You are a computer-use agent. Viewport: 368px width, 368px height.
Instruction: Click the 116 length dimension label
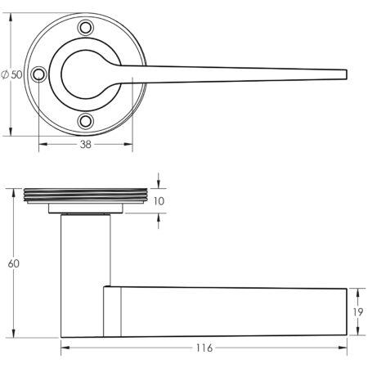[x=204, y=348]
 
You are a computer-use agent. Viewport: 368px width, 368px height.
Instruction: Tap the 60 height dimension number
[x=14, y=263]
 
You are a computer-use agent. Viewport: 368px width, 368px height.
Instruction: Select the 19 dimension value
[x=357, y=312]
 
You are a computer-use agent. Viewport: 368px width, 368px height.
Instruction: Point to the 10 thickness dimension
[x=159, y=201]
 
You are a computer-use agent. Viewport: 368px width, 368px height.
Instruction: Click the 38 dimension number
[x=86, y=145]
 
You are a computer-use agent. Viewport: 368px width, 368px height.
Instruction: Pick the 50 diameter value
[x=16, y=74]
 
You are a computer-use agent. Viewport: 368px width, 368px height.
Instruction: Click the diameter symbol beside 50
[x=5, y=74]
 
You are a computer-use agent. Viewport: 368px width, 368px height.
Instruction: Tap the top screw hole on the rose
[x=86, y=28]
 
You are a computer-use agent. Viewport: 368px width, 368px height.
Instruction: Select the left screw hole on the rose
[x=38, y=74]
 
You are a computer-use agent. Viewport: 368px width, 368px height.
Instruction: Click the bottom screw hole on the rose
[x=86, y=121]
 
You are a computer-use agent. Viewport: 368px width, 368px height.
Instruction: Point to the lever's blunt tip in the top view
[x=347, y=74]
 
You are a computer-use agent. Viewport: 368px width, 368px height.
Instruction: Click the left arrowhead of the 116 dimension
[x=65, y=348]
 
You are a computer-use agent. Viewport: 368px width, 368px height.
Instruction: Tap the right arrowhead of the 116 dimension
[x=343, y=348]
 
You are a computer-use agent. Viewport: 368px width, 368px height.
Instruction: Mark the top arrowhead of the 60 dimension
[x=13, y=193]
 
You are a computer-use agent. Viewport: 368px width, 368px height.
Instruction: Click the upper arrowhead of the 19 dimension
[x=357, y=293]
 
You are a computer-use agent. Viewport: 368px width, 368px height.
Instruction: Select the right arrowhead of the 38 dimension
[x=128, y=144]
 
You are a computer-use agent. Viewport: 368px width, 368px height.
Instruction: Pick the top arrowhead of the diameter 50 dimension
[x=11, y=17]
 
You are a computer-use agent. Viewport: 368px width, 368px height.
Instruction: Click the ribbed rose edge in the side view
[x=86, y=195]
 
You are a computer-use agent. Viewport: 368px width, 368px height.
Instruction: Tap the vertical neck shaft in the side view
[x=86, y=276]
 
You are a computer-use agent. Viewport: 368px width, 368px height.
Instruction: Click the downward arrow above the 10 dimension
[x=159, y=181]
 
